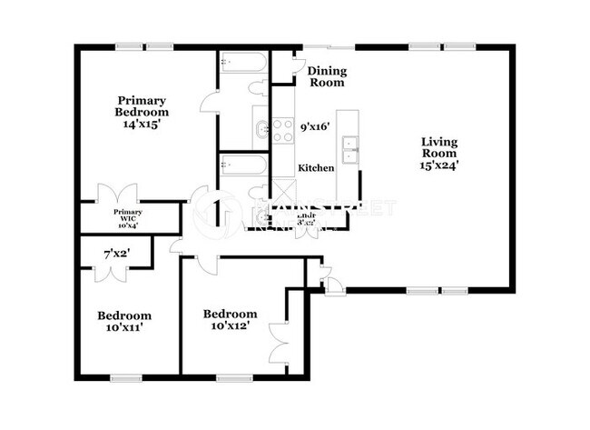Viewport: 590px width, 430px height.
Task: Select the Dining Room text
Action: point(327,76)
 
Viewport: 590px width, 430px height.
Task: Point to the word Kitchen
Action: point(317,168)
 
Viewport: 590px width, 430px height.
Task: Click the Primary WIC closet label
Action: point(127,215)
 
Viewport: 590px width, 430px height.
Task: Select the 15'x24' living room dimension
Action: point(438,166)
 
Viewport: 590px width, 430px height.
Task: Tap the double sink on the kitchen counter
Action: point(349,146)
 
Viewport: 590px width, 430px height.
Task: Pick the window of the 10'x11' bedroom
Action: point(124,376)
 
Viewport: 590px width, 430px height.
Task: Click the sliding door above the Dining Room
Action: point(329,45)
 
